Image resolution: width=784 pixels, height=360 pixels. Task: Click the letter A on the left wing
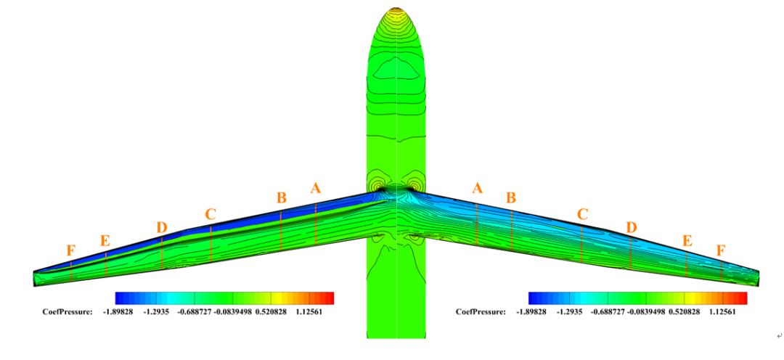point(315,189)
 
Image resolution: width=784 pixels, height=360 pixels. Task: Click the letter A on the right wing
point(478,189)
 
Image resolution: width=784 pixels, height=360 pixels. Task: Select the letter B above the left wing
point(282,198)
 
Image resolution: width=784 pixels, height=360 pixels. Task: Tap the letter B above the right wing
point(510,198)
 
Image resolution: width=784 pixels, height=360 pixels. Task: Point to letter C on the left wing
point(210,215)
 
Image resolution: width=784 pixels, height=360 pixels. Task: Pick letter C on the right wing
point(582,215)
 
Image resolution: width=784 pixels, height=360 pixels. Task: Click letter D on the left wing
point(161,228)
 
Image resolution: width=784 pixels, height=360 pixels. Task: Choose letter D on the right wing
point(632,228)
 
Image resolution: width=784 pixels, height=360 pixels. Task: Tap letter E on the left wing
point(105,240)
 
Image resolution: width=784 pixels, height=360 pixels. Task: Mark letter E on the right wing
point(687,240)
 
